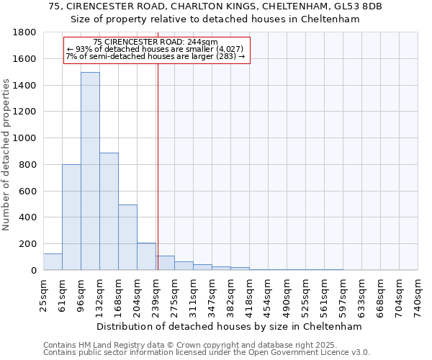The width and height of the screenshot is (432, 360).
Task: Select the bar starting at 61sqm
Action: [x=71, y=217]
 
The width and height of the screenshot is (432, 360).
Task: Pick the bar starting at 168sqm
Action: [x=127, y=237]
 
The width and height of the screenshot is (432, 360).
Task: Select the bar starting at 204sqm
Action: [x=146, y=256]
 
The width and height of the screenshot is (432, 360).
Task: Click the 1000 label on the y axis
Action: [x=24, y=138]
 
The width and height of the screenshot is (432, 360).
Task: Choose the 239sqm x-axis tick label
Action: [x=156, y=295]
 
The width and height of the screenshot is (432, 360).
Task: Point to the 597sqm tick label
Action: [x=343, y=295]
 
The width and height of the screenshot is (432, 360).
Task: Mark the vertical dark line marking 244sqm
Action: [x=158, y=180]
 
